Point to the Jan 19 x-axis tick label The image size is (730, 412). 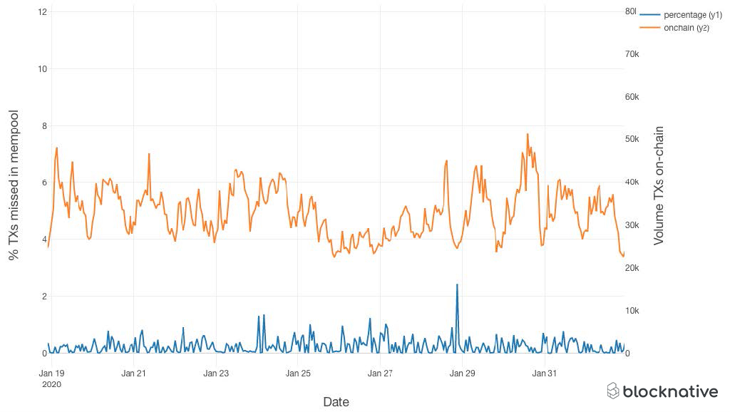[x=51, y=373]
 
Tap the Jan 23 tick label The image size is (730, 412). [x=215, y=373]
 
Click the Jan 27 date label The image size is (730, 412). [x=380, y=373]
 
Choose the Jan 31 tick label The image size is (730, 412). [x=545, y=373]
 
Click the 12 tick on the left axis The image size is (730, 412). [x=43, y=12]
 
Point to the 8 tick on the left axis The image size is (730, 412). [x=44, y=126]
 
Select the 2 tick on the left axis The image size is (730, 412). [x=44, y=297]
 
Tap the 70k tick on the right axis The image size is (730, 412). [x=632, y=54]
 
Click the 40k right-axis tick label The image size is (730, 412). [x=632, y=182]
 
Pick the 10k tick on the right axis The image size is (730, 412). [x=632, y=311]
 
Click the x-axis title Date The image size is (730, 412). [x=336, y=402]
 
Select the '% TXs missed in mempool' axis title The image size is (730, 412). [x=14, y=185]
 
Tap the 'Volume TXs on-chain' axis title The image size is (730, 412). [x=659, y=185]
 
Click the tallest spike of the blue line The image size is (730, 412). [x=457, y=284]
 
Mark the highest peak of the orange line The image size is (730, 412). [x=528, y=134]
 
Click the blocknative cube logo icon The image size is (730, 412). [x=613, y=391]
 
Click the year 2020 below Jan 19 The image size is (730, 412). [x=51, y=384]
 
